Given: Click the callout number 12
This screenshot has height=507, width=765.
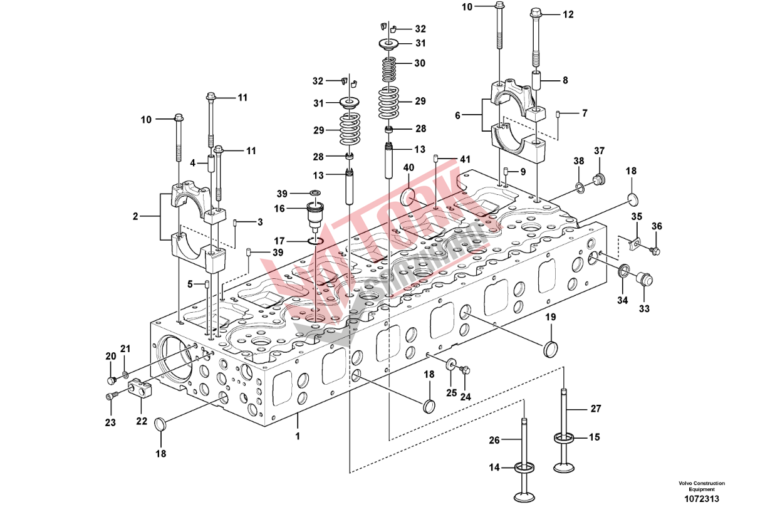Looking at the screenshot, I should [x=568, y=14].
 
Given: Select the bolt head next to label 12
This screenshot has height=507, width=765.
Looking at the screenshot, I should [x=536, y=12].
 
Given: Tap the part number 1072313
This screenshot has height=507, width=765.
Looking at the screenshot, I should [x=701, y=498].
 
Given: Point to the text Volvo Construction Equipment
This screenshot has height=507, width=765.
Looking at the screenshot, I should [x=701, y=486].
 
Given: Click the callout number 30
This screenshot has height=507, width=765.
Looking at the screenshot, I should [x=419, y=63].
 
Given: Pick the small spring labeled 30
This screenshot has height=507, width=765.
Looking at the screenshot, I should [x=388, y=64].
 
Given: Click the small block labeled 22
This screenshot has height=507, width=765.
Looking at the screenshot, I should [x=142, y=389].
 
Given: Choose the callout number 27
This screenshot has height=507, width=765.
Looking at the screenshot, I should [x=595, y=409].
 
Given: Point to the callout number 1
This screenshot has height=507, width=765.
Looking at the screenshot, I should [x=298, y=435].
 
